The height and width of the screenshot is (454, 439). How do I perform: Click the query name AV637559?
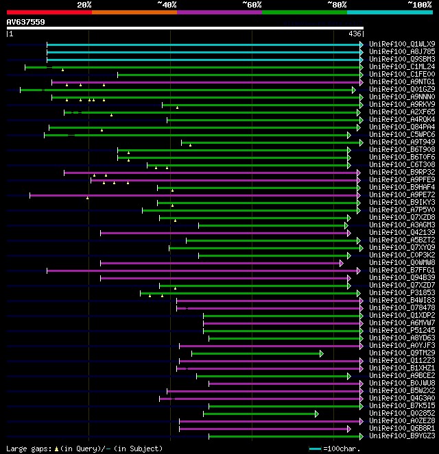pos(26,22)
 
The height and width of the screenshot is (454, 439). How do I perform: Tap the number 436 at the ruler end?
pos(355,34)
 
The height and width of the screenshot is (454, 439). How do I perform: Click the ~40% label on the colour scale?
pos(167,5)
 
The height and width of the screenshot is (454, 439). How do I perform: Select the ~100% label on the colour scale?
pos(420,5)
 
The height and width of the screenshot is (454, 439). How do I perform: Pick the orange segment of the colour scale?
pos(134,12)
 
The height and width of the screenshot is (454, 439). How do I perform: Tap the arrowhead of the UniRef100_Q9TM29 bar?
pos(320,353)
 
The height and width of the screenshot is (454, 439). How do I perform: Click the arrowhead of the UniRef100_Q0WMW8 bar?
pos(341,263)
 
